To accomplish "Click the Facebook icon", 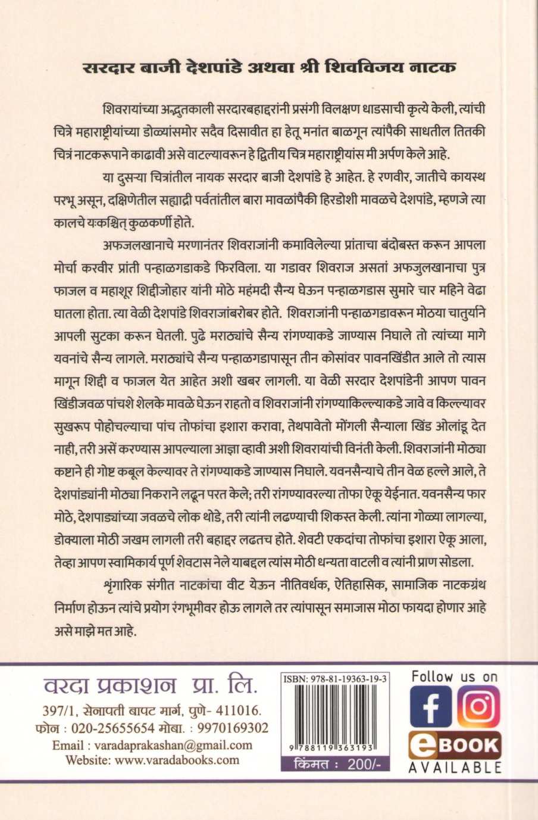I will point(431,708).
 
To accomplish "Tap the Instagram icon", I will point(479,707).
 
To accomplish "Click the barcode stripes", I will point(335,715).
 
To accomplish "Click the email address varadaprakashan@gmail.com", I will point(152,745).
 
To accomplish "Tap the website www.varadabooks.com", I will point(152,760).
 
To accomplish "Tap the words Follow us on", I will point(454,676).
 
